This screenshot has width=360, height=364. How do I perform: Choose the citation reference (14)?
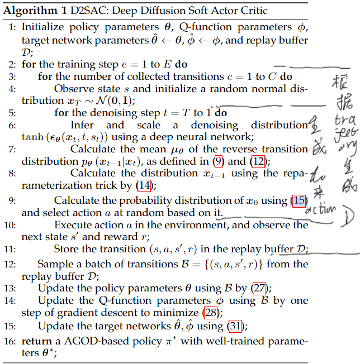tap(144, 185)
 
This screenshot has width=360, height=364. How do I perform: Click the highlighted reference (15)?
tap(298, 201)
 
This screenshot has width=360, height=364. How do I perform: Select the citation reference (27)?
tap(258, 289)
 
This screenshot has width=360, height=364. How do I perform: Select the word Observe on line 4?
tap(72, 88)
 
